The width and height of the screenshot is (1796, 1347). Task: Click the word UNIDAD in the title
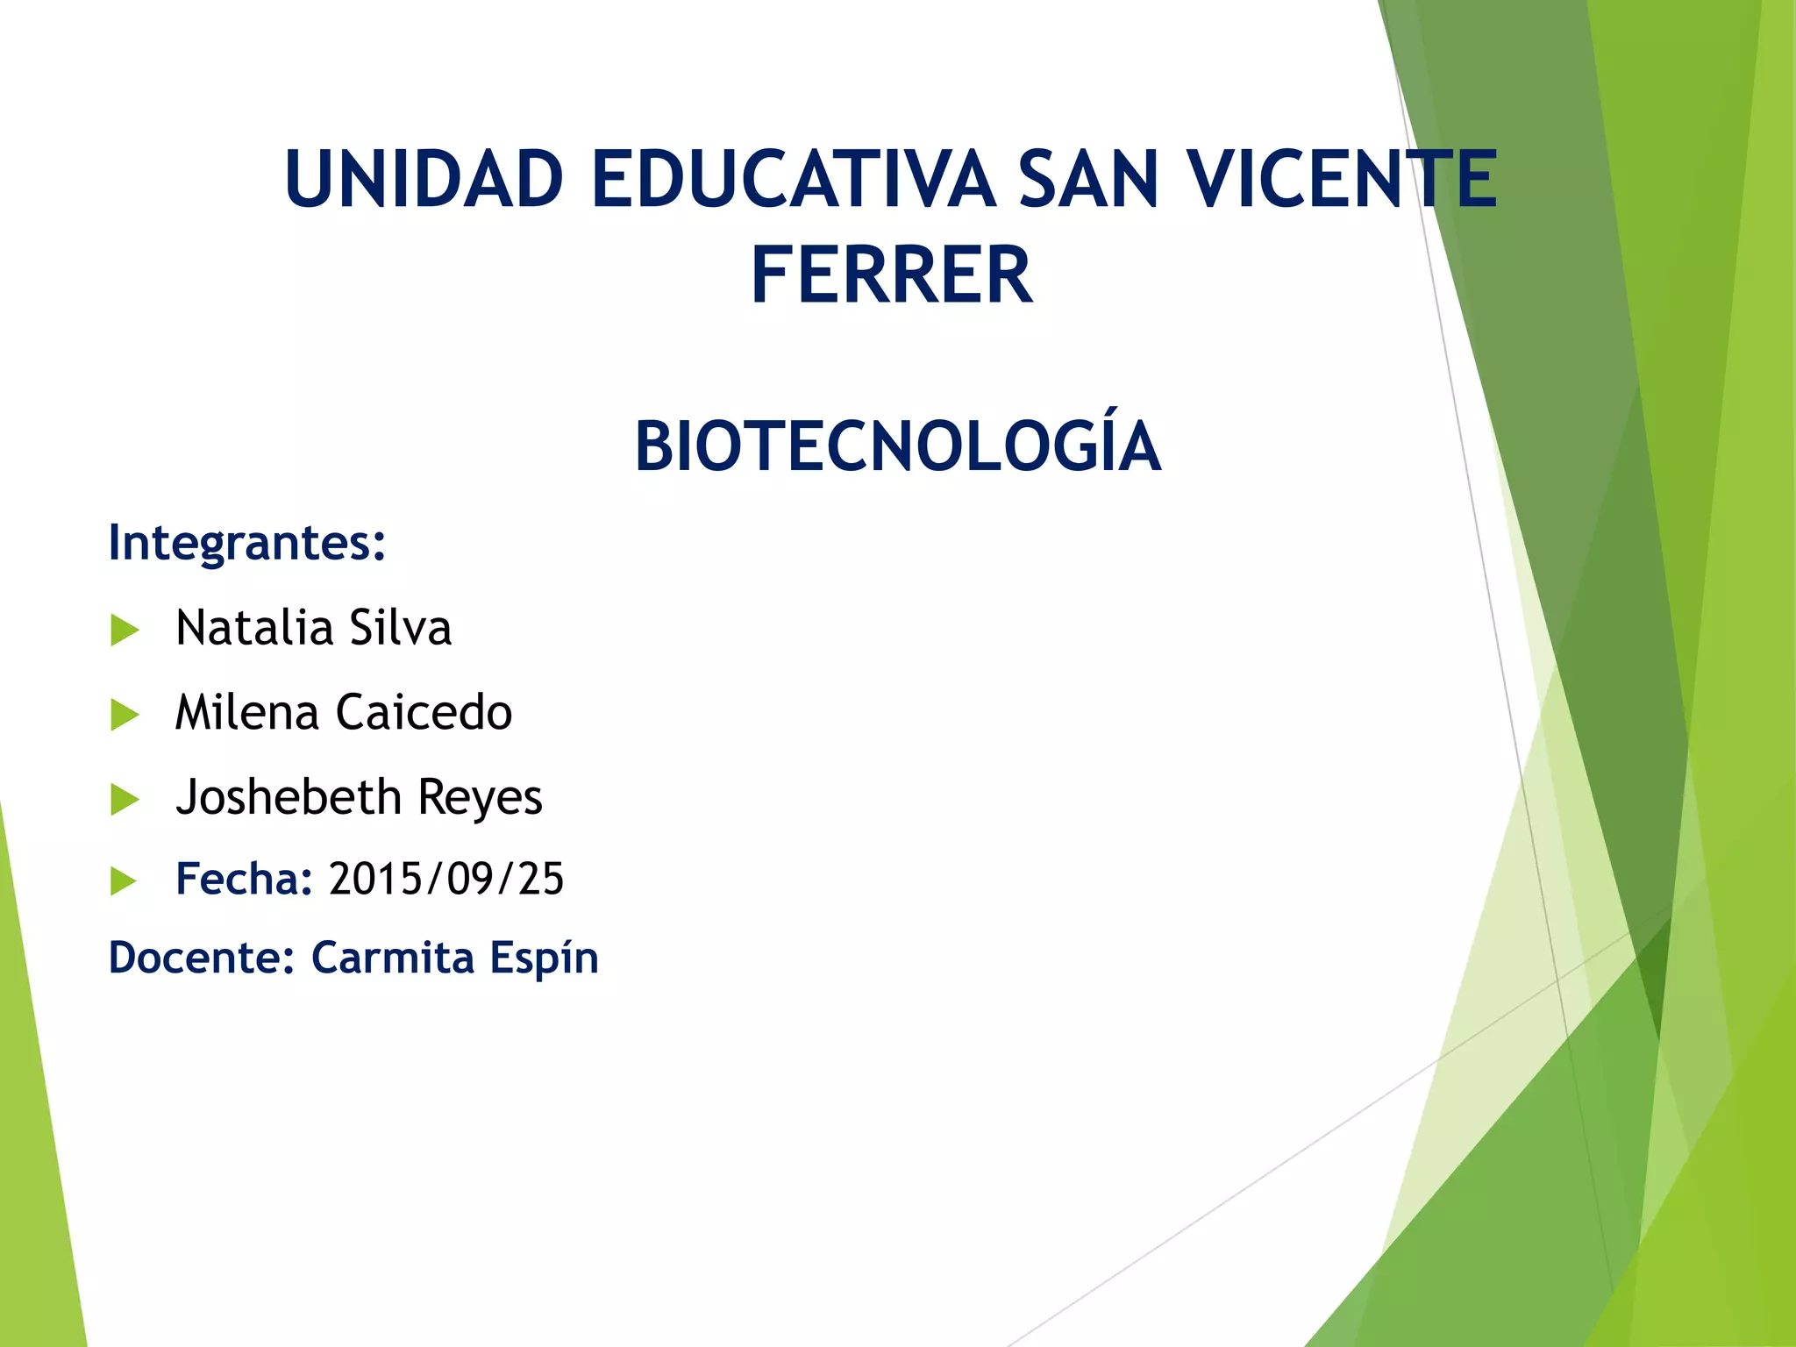pyautogui.click(x=424, y=180)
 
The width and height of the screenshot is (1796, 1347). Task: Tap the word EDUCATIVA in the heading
pyautogui.click(x=794, y=180)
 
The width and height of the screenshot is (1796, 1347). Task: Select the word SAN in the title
pyautogui.click(x=1088, y=180)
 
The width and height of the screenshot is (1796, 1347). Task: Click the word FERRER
pyautogui.click(x=892, y=276)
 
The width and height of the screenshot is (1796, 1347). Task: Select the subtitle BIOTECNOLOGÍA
pyautogui.click(x=897, y=445)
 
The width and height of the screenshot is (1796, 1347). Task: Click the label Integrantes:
pyautogui.click(x=246, y=543)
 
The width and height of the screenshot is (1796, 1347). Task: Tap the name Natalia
pyautogui.click(x=254, y=628)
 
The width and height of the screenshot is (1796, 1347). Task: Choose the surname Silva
pyautogui.click(x=400, y=628)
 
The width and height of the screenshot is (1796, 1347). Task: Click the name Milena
pyautogui.click(x=246, y=712)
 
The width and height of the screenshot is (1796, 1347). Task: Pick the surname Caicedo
pyautogui.click(x=424, y=712)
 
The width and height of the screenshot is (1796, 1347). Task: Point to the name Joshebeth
pyautogui.click(x=289, y=796)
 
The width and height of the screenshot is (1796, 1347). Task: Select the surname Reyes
pyautogui.click(x=480, y=798)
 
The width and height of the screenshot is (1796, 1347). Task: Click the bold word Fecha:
pyautogui.click(x=244, y=879)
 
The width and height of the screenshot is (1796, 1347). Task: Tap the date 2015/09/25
pyautogui.click(x=446, y=879)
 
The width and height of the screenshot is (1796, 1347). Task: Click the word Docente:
pyautogui.click(x=201, y=958)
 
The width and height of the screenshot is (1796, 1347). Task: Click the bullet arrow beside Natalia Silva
pyautogui.click(x=125, y=631)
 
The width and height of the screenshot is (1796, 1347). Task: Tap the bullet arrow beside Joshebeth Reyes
pyautogui.click(x=125, y=799)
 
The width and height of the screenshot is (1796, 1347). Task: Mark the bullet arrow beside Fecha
pyautogui.click(x=125, y=880)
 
